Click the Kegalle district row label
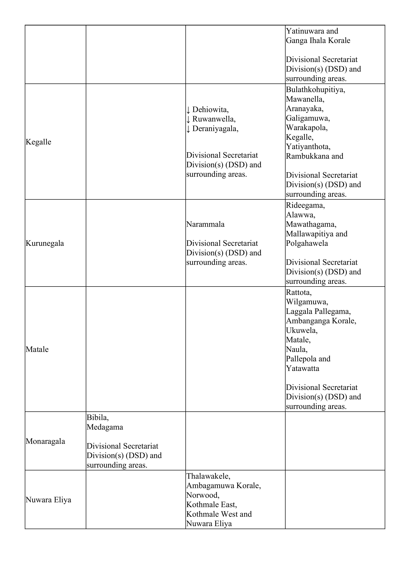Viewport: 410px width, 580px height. [x=38, y=142]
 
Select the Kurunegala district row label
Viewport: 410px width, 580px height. [x=45, y=243]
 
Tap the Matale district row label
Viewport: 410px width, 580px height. [x=37, y=349]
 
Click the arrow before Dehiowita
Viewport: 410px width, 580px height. [x=188, y=110]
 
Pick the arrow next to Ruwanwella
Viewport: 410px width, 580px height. [x=188, y=119]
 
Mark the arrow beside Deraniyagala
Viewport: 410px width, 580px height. [x=188, y=129]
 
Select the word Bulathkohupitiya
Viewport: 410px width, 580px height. [x=315, y=90]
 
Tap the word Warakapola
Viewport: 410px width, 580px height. [x=306, y=128]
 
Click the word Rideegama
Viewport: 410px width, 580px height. [x=305, y=205]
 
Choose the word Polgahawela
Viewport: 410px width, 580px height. [x=307, y=243]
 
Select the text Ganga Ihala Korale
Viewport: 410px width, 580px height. [x=318, y=40]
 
